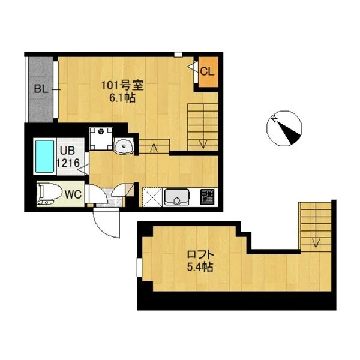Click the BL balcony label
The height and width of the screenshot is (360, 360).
pyautogui.click(x=41, y=89)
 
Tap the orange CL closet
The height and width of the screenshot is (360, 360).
pyautogui.click(x=208, y=72)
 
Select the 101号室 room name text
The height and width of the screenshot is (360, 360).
pyautogui.click(x=122, y=86)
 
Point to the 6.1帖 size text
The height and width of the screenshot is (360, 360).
pyautogui.click(x=122, y=98)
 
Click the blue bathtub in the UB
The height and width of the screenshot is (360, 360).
pyautogui.click(x=44, y=156)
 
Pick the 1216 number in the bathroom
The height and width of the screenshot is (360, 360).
pyautogui.click(x=68, y=163)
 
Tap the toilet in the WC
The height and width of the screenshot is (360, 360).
pyautogui.click(x=49, y=194)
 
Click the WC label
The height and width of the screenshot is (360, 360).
pyautogui.click(x=73, y=194)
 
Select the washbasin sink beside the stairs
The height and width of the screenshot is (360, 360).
pyautogui.click(x=124, y=146)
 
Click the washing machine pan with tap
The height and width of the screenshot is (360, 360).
pyautogui.click(x=101, y=139)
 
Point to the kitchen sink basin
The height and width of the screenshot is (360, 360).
pyautogui.click(x=176, y=197)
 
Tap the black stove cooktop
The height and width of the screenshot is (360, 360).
pyautogui.click(x=208, y=197)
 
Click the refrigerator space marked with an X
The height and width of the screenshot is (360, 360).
pyautogui.click(x=152, y=197)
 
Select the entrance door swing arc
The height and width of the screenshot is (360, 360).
pyautogui.click(x=103, y=229)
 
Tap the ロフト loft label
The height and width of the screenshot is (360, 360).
pyautogui.click(x=200, y=254)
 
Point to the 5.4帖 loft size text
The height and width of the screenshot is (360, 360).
pyautogui.click(x=200, y=267)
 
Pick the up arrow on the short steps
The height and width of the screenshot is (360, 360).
pyautogui.click(x=154, y=147)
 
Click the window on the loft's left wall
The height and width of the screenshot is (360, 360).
pyautogui.click(x=139, y=267)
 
